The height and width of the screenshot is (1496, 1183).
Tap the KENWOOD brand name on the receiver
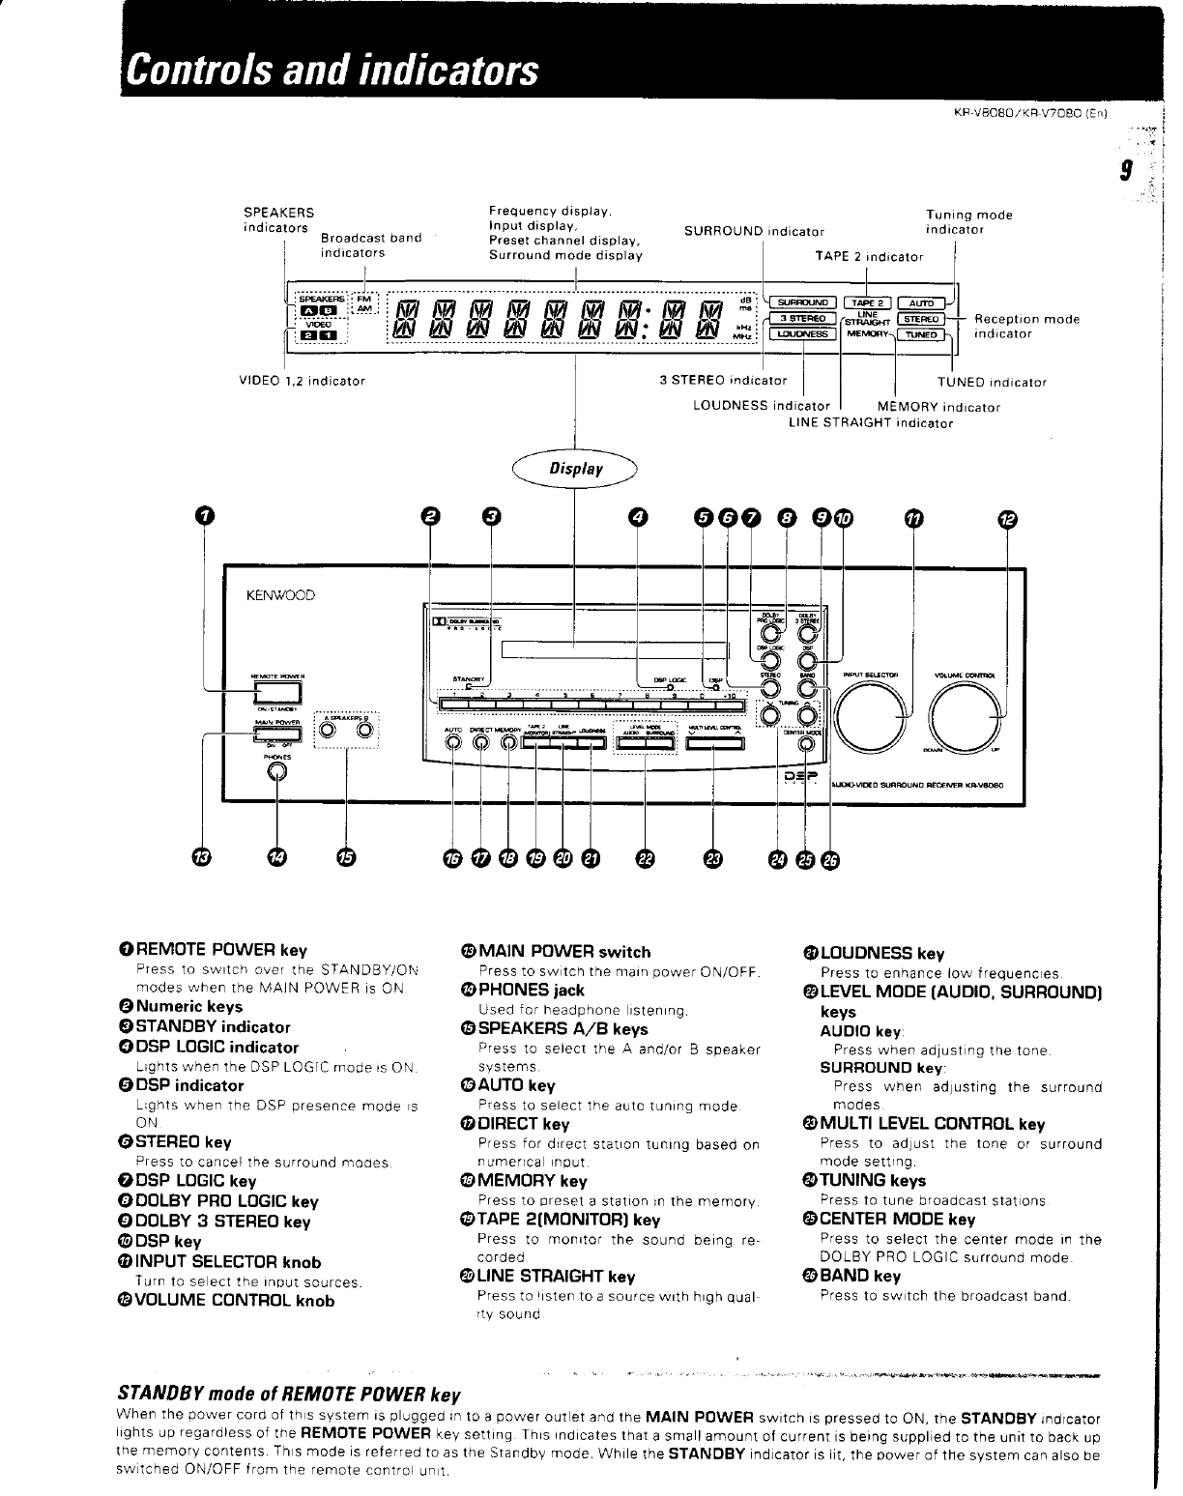[x=281, y=595]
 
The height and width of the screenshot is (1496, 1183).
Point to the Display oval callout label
[x=577, y=469]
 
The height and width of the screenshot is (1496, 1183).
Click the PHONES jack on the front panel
[x=278, y=772]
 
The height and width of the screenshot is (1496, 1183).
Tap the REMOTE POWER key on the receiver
[x=277, y=691]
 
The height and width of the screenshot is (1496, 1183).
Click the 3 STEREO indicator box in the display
[x=801, y=318]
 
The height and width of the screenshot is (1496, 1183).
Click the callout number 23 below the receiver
[x=713, y=857]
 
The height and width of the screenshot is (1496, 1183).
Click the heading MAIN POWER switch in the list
[x=564, y=952]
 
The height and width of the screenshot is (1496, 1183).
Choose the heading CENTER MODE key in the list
[x=897, y=1220]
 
